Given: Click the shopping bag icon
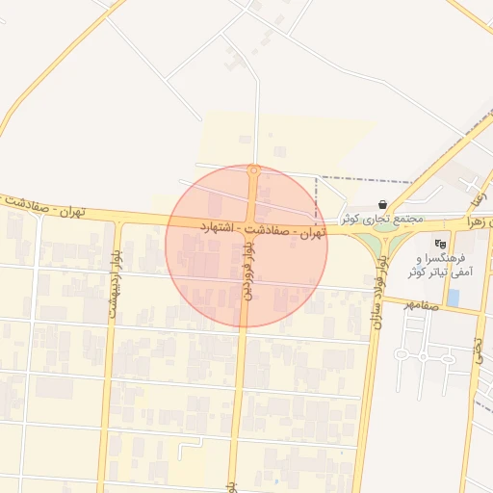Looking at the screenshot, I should (383, 205).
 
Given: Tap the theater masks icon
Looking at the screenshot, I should (441, 243).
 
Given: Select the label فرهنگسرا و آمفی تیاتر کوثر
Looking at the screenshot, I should (444, 266).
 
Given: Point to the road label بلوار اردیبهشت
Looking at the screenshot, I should (115, 280).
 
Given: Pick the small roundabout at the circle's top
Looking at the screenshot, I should (253, 171).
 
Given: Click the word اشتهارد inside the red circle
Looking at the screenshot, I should (219, 227).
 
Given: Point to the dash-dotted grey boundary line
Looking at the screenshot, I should (366, 179).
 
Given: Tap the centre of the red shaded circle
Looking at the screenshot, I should (246, 246).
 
